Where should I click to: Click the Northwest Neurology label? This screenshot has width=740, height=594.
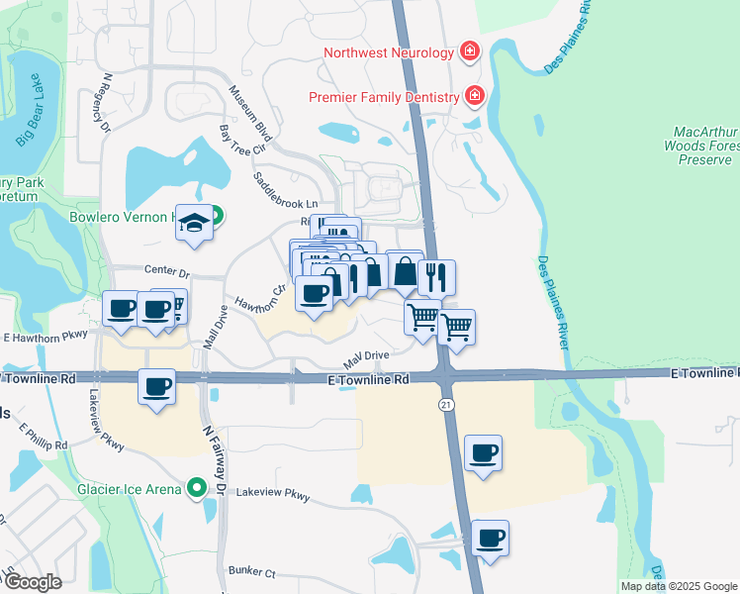coord(388,51)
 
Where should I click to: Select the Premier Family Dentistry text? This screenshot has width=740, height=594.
coord(384,97)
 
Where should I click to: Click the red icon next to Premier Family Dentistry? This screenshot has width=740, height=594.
coord(475,96)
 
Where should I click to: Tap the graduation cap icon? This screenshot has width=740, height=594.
coord(195,225)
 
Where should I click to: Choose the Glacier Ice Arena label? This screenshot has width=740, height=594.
coord(130,488)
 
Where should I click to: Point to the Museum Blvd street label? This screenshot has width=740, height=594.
coord(249,111)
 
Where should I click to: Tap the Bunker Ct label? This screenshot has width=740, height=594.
coord(250,571)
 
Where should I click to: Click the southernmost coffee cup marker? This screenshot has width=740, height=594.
coord(489,539)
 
